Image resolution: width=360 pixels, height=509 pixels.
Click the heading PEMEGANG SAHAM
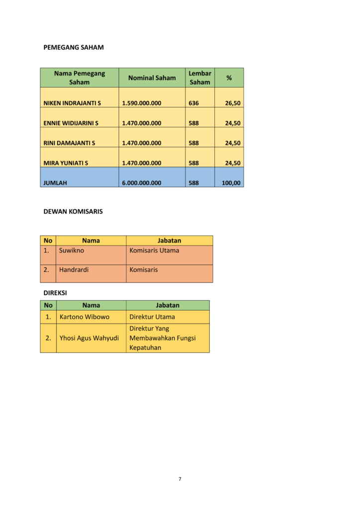pos(74,48)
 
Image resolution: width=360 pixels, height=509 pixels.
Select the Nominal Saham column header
pos(152,78)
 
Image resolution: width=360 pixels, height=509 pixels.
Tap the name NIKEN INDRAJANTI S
pos(72,103)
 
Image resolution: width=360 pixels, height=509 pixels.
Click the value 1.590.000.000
pos(141,103)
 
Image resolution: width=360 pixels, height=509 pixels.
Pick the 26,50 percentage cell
pos(233,103)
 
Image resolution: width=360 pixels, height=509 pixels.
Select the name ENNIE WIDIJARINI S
pos(71,123)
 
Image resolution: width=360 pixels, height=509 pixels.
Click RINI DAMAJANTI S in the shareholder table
pos(69,143)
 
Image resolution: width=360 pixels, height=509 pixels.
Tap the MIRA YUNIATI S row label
pos(66,163)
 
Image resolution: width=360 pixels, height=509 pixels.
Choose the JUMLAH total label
pos(55,182)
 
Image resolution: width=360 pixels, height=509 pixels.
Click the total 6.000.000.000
pos(141,182)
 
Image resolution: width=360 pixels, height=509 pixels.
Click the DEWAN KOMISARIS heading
pos(73,211)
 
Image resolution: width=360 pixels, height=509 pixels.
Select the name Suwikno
pos(72,251)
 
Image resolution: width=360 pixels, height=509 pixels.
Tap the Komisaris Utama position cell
pos(154,251)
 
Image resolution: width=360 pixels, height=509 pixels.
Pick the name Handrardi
pos(74,270)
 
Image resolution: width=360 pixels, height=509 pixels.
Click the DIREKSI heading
pos(55,293)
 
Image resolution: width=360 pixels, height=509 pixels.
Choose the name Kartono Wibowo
pos(85,317)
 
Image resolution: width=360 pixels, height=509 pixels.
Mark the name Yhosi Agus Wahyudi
pos(89,338)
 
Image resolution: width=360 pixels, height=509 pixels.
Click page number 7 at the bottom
pos(180,479)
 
